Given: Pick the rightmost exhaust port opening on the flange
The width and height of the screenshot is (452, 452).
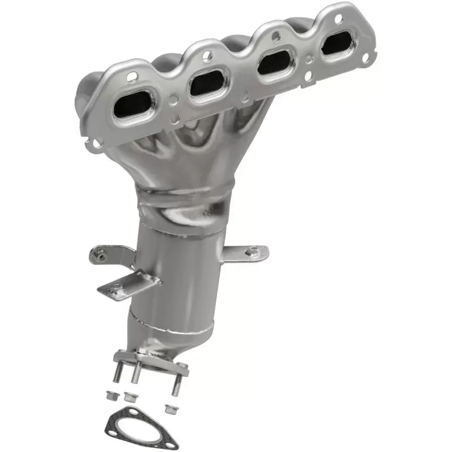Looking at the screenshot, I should [337, 44].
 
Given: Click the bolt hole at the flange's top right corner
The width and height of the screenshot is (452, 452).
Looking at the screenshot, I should [338, 19].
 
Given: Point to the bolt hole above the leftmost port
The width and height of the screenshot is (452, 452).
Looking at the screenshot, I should [132, 76].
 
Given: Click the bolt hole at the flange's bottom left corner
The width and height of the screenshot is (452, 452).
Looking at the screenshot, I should [97, 142].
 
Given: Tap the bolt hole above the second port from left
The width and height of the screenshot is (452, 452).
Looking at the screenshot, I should [207, 55].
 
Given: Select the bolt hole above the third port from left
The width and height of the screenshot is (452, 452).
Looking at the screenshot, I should [275, 37].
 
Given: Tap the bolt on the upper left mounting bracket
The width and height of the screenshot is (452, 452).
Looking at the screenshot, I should [100, 257].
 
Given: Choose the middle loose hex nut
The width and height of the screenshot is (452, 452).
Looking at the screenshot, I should [131, 397].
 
